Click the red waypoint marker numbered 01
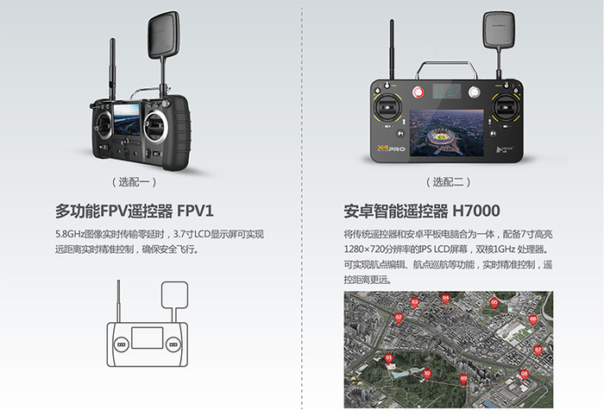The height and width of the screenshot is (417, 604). [388, 358]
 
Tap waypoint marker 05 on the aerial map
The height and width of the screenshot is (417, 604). [494, 303]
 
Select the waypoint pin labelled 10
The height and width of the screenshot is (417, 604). [427, 374]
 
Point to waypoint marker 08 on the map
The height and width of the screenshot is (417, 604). [525, 374]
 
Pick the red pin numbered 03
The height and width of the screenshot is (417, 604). [414, 302]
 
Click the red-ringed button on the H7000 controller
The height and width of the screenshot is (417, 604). [418, 92]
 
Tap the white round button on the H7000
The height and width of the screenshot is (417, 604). [475, 92]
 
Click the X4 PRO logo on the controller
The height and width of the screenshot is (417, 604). [391, 148]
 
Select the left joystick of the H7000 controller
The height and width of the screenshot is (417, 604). [387, 108]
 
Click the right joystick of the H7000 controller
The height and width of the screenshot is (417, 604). [506, 108]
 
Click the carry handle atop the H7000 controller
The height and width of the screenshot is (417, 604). [446, 69]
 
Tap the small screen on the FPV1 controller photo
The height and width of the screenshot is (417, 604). [126, 118]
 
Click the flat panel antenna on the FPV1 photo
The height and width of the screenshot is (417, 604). [164, 35]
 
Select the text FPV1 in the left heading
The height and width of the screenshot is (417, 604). [195, 212]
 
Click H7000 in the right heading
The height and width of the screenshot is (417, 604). [476, 212]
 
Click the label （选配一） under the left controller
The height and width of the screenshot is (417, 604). [134, 182]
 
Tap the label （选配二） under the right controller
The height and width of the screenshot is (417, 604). [448, 182]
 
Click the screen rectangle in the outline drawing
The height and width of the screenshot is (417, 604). [148, 338]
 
